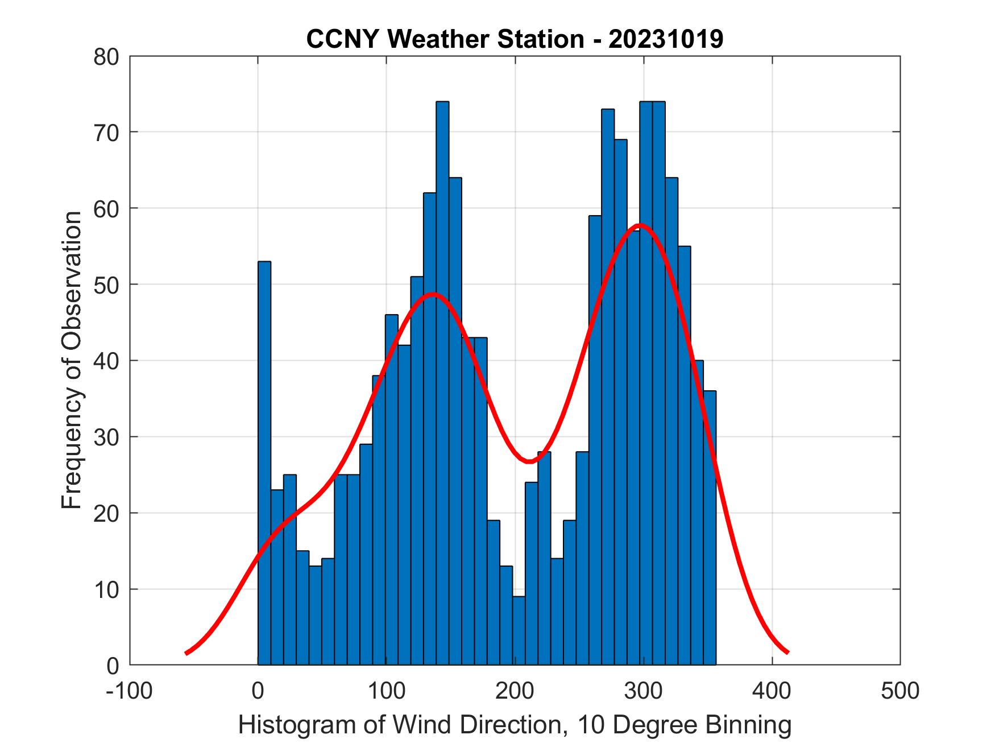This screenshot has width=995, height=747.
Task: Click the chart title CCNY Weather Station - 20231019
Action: pyautogui.click(x=515, y=39)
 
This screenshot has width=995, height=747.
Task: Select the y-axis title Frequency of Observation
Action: pyautogui.click(x=72, y=360)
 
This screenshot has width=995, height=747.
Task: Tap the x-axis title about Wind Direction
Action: pyautogui.click(x=515, y=725)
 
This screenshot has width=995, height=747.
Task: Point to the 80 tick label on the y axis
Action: pyautogui.click(x=106, y=57)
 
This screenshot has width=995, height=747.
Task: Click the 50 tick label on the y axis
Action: pyautogui.click(x=106, y=285)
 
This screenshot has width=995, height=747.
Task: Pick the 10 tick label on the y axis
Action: pyautogui.click(x=106, y=589)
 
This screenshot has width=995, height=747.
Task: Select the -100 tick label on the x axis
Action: pyautogui.click(x=129, y=690)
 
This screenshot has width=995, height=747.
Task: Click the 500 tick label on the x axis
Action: pyautogui.click(x=899, y=690)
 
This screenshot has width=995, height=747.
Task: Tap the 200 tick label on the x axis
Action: pyautogui.click(x=514, y=690)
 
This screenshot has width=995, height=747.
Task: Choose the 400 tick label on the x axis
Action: pyautogui.click(x=772, y=690)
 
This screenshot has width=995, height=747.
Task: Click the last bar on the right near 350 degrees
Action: pyautogui.click(x=709, y=529)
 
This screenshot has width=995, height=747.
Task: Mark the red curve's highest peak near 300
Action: pyautogui.click(x=640, y=225)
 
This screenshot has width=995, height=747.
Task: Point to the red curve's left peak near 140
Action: pyautogui.click(x=433, y=294)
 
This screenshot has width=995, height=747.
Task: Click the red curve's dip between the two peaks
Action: pyautogui.click(x=529, y=461)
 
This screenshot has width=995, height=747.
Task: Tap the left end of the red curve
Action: pyautogui.click(x=187, y=653)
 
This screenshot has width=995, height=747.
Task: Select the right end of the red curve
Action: pyautogui.click(x=787, y=652)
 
